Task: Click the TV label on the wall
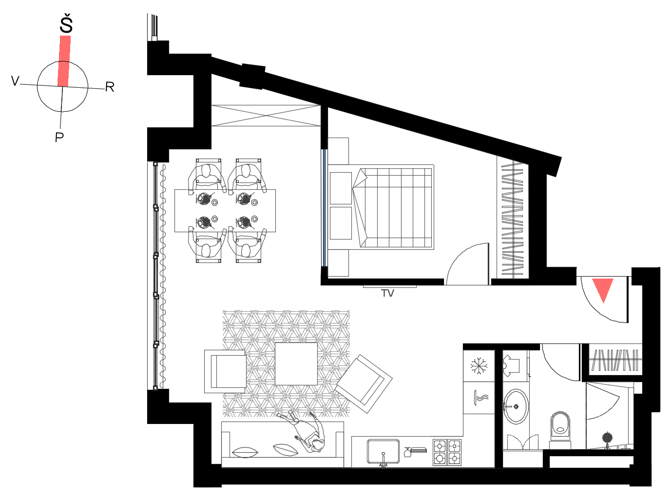387,293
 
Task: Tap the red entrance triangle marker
603,289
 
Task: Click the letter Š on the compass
66,24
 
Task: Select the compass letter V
15,81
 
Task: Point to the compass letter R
110,87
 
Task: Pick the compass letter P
59,137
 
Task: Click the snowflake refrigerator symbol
479,366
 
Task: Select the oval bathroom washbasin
516,407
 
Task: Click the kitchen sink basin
384,451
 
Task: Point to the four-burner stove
447,452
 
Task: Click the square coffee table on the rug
296,364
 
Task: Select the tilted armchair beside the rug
364,384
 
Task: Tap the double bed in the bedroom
381,207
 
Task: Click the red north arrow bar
64,61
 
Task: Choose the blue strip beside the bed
323,208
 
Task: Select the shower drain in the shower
607,437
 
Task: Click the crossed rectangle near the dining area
266,116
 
